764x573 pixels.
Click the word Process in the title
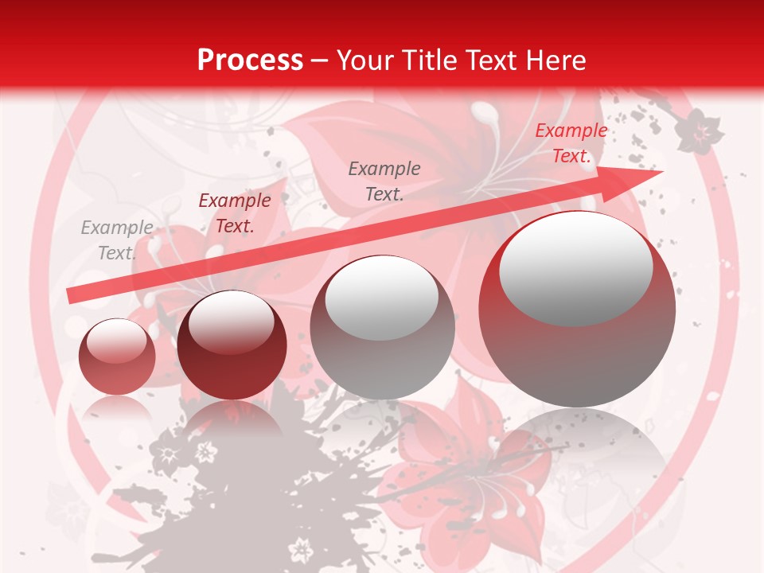pyautogui.click(x=250, y=60)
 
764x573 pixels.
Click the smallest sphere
pyautogui.click(x=117, y=357)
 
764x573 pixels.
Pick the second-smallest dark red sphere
pyautogui.click(x=232, y=345)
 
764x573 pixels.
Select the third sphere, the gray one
pyautogui.click(x=382, y=328)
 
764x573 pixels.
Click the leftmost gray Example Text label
pyautogui.click(x=117, y=240)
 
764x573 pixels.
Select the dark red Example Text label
pyautogui.click(x=234, y=213)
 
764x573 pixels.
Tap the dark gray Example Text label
pyautogui.click(x=384, y=181)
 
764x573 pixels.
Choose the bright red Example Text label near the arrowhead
pyautogui.click(x=571, y=143)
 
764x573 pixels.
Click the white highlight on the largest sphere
pyautogui.click(x=575, y=268)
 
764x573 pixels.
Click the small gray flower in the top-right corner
pyautogui.click(x=699, y=130)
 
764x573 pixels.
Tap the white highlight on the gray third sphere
pyautogui.click(x=381, y=298)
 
